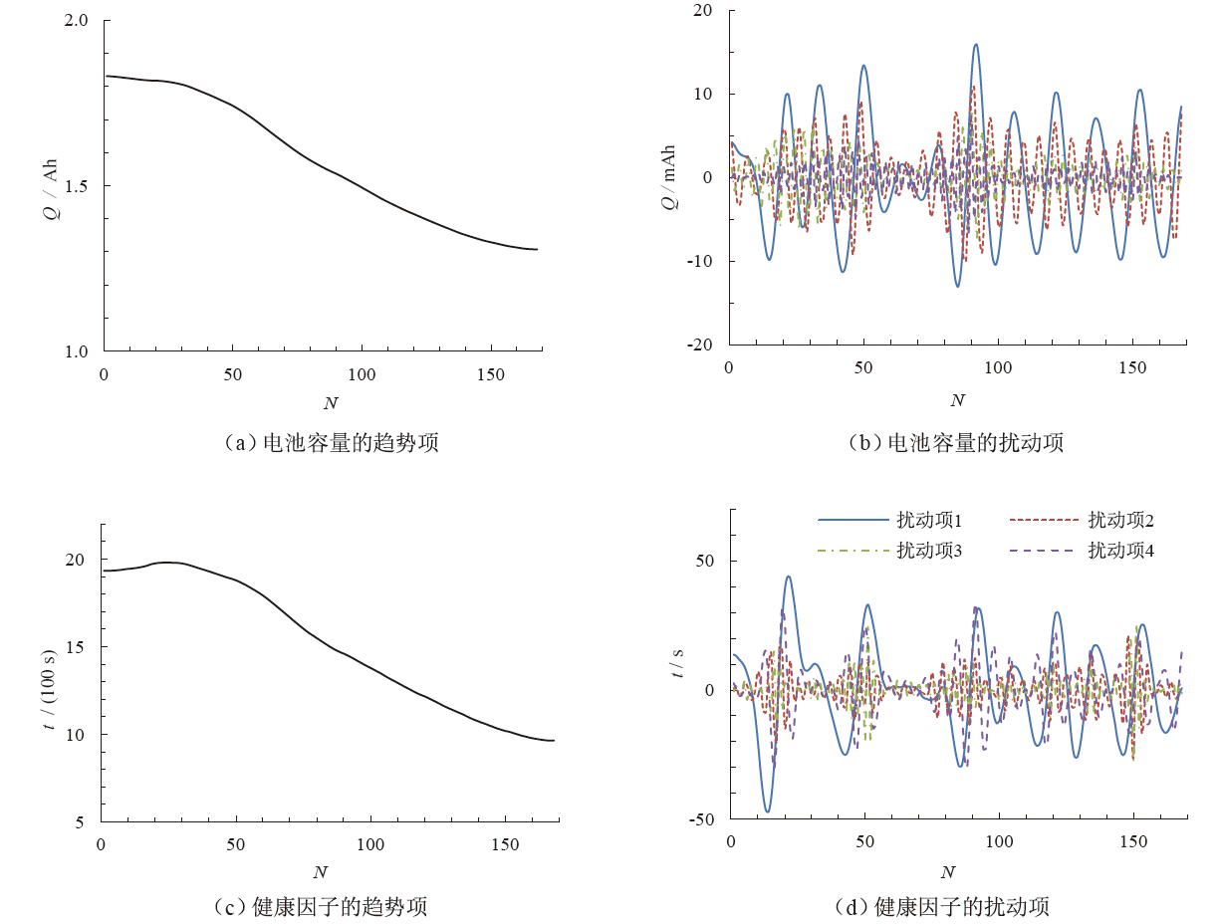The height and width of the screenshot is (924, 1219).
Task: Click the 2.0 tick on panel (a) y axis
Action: (x=76, y=21)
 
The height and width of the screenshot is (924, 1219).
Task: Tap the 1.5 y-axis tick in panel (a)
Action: (x=76, y=186)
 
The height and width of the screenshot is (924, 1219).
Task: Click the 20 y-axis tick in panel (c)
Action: (x=75, y=560)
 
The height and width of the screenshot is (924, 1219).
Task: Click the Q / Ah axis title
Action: (x=52, y=186)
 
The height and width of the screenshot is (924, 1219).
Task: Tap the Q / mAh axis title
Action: (x=669, y=177)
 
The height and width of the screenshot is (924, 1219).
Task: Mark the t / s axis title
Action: (x=678, y=660)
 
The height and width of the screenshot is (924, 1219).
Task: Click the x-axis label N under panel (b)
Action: (x=957, y=400)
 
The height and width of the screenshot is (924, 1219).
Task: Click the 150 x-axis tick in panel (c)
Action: (x=505, y=844)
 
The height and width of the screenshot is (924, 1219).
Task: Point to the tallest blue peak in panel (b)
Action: (x=976, y=45)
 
